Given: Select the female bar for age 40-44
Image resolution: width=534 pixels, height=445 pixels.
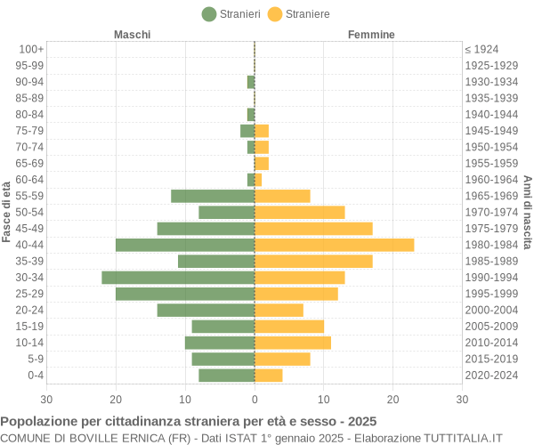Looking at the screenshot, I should click(334, 245).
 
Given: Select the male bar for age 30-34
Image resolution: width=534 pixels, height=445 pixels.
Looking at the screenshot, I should click(178, 278).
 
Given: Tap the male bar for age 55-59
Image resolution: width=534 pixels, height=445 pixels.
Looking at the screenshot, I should click(213, 196).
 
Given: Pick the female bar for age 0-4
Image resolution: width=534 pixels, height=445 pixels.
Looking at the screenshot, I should click(269, 376).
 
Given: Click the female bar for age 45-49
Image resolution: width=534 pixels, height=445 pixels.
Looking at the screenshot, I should click(313, 229).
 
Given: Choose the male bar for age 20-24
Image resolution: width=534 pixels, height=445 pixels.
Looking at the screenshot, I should click(206, 310).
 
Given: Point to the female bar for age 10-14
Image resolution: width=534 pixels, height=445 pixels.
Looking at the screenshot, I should click(293, 343).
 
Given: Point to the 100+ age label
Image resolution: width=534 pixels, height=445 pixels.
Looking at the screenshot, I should click(31, 49).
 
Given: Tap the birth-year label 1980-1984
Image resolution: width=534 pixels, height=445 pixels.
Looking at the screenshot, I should click(491, 245).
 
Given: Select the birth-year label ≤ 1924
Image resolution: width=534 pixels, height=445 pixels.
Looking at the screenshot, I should click(481, 49).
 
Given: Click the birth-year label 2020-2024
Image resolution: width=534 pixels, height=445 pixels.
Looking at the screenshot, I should click(491, 376).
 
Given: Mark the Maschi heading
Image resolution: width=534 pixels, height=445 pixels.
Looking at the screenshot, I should click(132, 35).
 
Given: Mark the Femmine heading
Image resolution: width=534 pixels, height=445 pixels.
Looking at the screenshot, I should click(371, 35).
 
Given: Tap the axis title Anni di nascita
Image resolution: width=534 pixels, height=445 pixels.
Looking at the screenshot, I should click(527, 212).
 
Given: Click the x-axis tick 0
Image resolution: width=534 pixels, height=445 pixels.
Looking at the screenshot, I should click(255, 400).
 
